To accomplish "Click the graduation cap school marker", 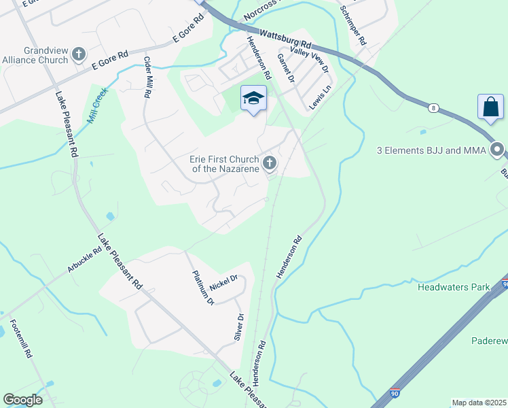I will point(253,99).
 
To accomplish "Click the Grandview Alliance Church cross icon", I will point(78,53).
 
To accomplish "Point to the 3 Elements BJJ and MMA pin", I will point(498,150).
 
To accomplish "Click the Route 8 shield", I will point(433,107).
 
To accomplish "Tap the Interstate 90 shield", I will point(396,393).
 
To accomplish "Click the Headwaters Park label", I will point(454,288).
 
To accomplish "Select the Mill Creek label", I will point(97,109).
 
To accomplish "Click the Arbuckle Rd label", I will point(84,260).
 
